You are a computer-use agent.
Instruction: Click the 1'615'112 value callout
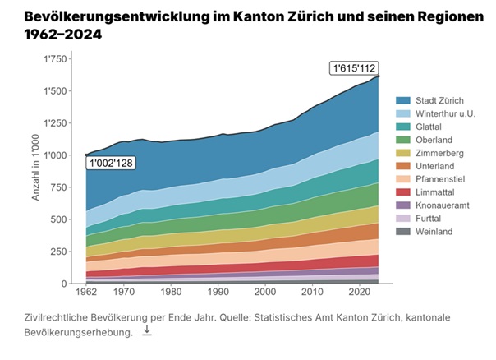[354, 68]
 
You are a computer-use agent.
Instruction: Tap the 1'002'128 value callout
[110, 164]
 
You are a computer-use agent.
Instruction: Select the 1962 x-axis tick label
[86, 293]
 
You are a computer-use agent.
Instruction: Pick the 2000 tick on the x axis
[264, 293]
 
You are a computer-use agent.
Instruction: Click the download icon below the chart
[147, 330]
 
